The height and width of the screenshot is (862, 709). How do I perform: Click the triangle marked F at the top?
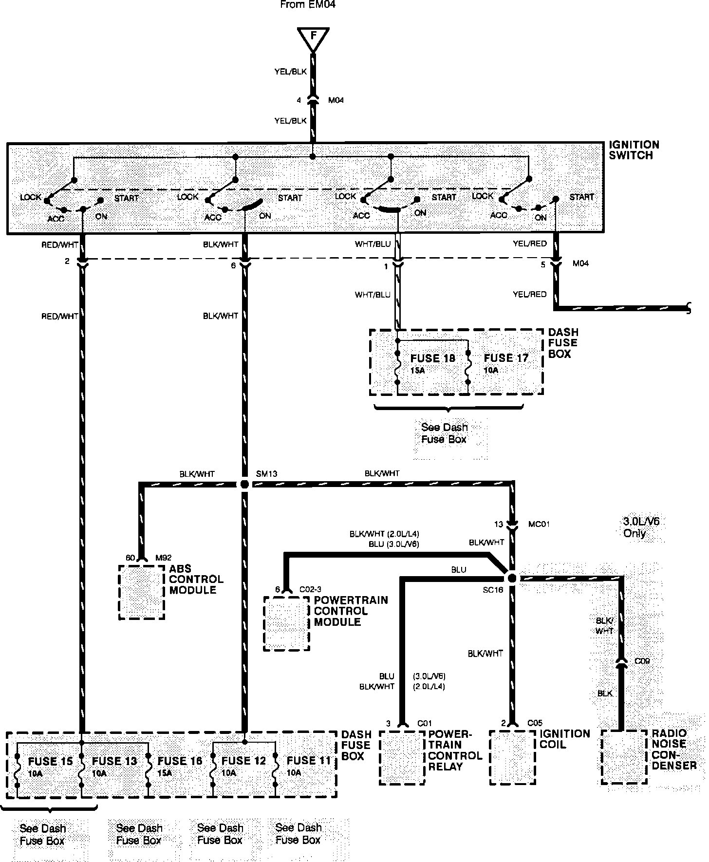point(313,38)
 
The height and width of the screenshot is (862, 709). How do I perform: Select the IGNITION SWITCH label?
point(634,150)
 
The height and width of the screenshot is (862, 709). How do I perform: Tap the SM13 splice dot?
point(244,484)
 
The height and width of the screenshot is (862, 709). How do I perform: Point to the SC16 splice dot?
point(511,578)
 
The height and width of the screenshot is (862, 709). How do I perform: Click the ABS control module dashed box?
point(142,592)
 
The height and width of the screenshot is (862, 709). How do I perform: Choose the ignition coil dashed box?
point(512,757)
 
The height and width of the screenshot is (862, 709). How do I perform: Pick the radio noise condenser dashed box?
point(624,757)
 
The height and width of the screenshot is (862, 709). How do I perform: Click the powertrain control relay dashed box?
point(402,757)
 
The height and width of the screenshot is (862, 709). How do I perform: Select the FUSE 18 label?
point(432,358)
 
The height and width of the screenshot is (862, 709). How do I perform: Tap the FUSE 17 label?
point(506,358)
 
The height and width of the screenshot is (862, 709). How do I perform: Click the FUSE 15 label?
point(50,761)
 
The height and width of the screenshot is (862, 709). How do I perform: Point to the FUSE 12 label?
point(243,761)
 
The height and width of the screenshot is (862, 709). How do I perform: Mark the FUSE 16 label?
point(180,761)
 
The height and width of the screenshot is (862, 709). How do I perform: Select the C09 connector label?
point(642,661)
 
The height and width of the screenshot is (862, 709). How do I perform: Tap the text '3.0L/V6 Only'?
point(641,527)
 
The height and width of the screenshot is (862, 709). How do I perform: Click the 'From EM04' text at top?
point(308,5)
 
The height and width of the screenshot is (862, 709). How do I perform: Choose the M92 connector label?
point(164,558)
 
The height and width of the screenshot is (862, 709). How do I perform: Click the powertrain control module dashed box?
point(286,623)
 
